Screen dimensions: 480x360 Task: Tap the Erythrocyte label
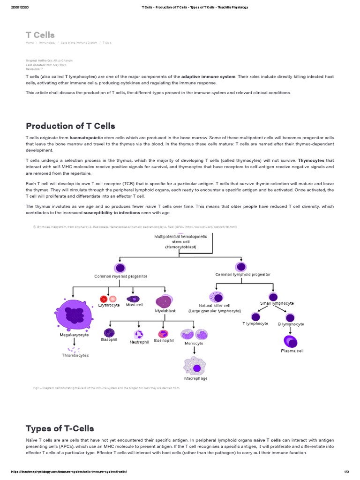pyautogui.click(x=109, y=305)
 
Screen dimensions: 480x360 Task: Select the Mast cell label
pyautogui.click(x=135, y=305)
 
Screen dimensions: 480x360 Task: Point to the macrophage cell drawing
pyautogui.click(x=195, y=366)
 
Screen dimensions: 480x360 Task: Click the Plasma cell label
pyautogui.click(x=292, y=351)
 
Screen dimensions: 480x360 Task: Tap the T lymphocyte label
pyautogui.click(x=255, y=323)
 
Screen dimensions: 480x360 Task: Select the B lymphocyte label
pyautogui.click(x=291, y=324)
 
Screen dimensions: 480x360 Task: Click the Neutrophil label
pyautogui.click(x=139, y=342)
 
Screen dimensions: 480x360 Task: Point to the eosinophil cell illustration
pyautogui.click(x=163, y=334)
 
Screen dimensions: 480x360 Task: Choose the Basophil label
pyautogui.click(x=109, y=339)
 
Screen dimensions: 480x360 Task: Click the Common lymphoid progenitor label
pyautogui.click(x=242, y=274)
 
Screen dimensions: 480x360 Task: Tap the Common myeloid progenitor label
pyautogui.click(x=121, y=276)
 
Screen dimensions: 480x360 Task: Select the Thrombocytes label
pyautogui.click(x=75, y=355)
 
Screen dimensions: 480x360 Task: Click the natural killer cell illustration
pyautogui.click(x=216, y=297)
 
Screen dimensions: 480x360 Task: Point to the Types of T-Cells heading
pyautogui.click(x=60, y=428)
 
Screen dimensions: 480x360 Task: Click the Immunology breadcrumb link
pyautogui.click(x=47, y=43)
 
